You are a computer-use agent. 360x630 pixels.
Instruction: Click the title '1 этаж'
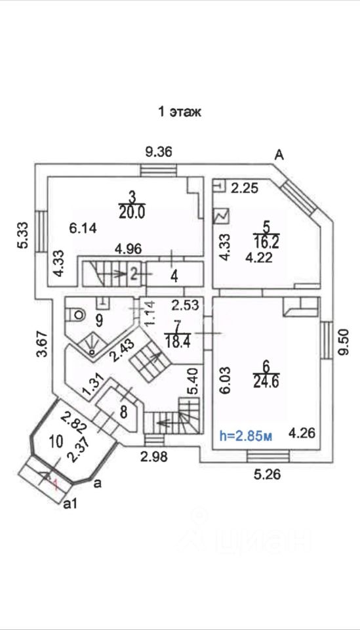pos(180,112)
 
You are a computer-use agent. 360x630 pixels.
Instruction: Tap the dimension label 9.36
pos(159,152)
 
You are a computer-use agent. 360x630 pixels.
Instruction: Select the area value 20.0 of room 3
pos(132,212)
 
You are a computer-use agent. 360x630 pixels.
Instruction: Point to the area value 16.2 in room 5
pos(266,242)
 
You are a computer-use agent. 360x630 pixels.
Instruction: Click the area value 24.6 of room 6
pos(266,381)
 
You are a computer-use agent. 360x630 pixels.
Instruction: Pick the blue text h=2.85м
pos(246,436)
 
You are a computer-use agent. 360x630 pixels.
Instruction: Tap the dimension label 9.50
pos(344,341)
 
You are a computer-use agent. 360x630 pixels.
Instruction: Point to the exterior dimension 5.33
pos(23,235)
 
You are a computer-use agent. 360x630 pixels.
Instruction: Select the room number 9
pos(99,320)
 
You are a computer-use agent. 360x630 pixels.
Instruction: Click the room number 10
pos(56,442)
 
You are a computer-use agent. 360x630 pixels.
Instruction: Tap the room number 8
pos(124,412)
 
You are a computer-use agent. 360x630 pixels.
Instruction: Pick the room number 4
pos(174,277)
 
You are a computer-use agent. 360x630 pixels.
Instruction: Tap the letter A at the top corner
pos(279,155)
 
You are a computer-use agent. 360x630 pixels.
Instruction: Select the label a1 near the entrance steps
pos(70,504)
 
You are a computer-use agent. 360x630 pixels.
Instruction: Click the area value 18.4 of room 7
pos(177,342)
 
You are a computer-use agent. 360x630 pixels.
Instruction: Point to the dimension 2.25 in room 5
pos(245,188)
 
